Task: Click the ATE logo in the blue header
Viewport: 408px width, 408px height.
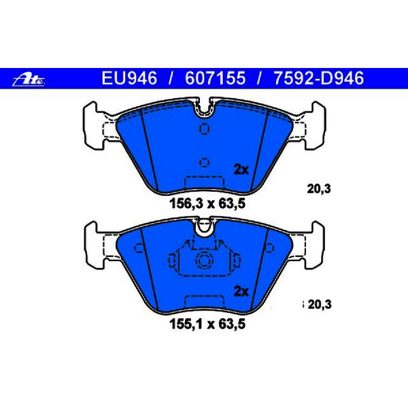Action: tap(29, 80)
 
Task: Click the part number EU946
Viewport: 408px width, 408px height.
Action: tap(129, 78)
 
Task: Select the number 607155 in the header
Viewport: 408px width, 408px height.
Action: tap(215, 78)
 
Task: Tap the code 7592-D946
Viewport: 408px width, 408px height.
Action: tap(319, 78)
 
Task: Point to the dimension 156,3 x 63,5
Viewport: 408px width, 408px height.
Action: tap(207, 203)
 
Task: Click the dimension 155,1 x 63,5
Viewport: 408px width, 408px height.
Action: tap(207, 324)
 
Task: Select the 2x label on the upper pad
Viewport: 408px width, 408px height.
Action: tap(241, 170)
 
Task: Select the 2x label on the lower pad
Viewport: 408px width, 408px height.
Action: tap(241, 292)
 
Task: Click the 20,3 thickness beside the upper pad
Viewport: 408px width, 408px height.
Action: tap(319, 189)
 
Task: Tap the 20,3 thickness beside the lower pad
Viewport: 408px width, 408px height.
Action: tap(320, 305)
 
